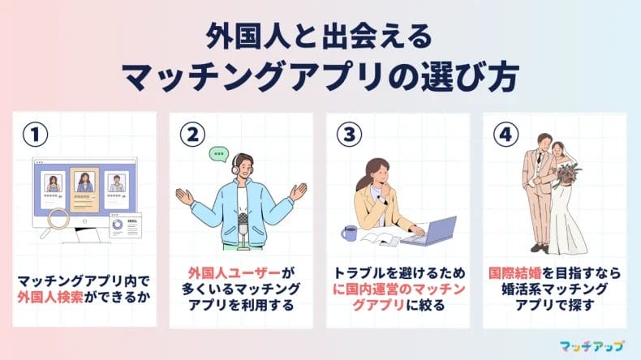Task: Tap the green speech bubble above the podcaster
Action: pyautogui.click(x=217, y=152)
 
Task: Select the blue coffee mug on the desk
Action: pyautogui.click(x=349, y=233)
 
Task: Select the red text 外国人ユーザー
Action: pyautogui.click(x=216, y=273)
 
